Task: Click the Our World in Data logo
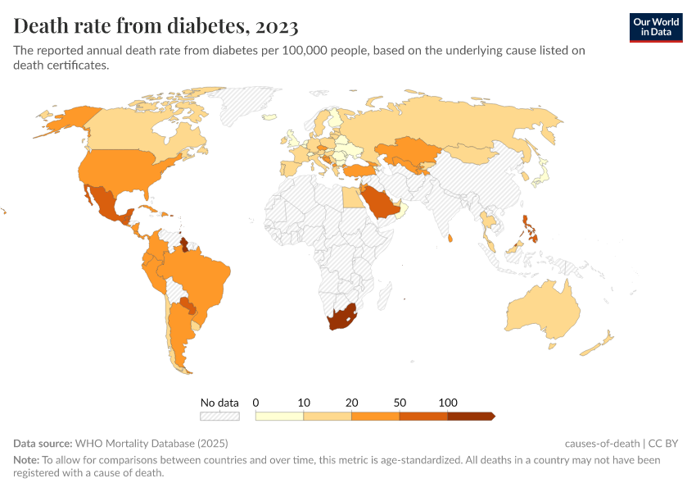point(656,27)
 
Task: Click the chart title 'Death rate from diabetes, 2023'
point(156,26)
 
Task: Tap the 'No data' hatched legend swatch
point(219,417)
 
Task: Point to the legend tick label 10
point(304,403)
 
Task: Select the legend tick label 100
point(448,403)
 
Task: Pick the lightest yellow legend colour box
point(279,417)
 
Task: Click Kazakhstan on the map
point(404,150)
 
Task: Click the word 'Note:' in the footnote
point(26,460)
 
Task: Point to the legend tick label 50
point(400,403)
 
